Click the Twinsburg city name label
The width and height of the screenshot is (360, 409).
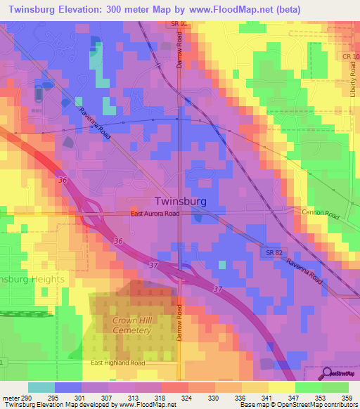click(x=180, y=200)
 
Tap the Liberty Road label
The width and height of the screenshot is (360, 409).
click(x=352, y=84)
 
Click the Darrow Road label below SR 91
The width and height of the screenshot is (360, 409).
click(x=180, y=53)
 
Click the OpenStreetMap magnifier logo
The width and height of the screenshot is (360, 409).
click(x=327, y=373)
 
